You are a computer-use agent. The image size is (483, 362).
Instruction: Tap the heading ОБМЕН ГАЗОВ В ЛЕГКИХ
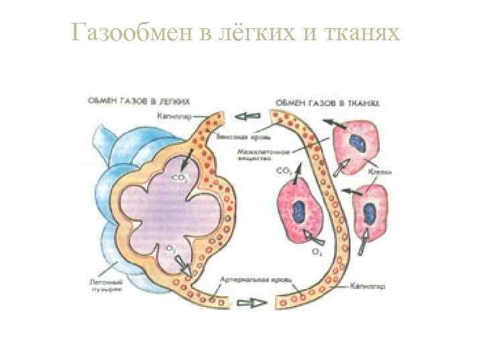(x=138, y=102)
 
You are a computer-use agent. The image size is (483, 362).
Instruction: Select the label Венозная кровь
(x=234, y=137)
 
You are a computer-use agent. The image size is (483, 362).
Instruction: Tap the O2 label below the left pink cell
(x=316, y=252)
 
